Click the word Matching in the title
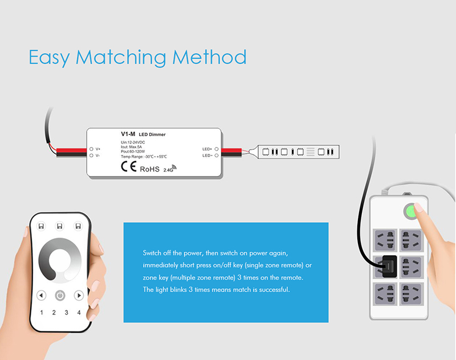[x=121, y=58]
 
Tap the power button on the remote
[x=60, y=296]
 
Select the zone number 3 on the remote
[x=66, y=313]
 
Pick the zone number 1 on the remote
[x=42, y=313]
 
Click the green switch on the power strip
[x=410, y=211]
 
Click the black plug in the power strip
[x=389, y=267]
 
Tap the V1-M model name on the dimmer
[x=128, y=134]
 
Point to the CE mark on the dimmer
[x=129, y=166]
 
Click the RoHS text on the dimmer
[x=150, y=169]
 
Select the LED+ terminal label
[x=207, y=149]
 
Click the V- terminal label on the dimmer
[x=97, y=156]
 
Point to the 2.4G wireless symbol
[x=170, y=169]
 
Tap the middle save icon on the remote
[x=60, y=226]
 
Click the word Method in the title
[x=209, y=57]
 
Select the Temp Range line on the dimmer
[x=144, y=157]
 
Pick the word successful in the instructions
[x=274, y=290]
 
